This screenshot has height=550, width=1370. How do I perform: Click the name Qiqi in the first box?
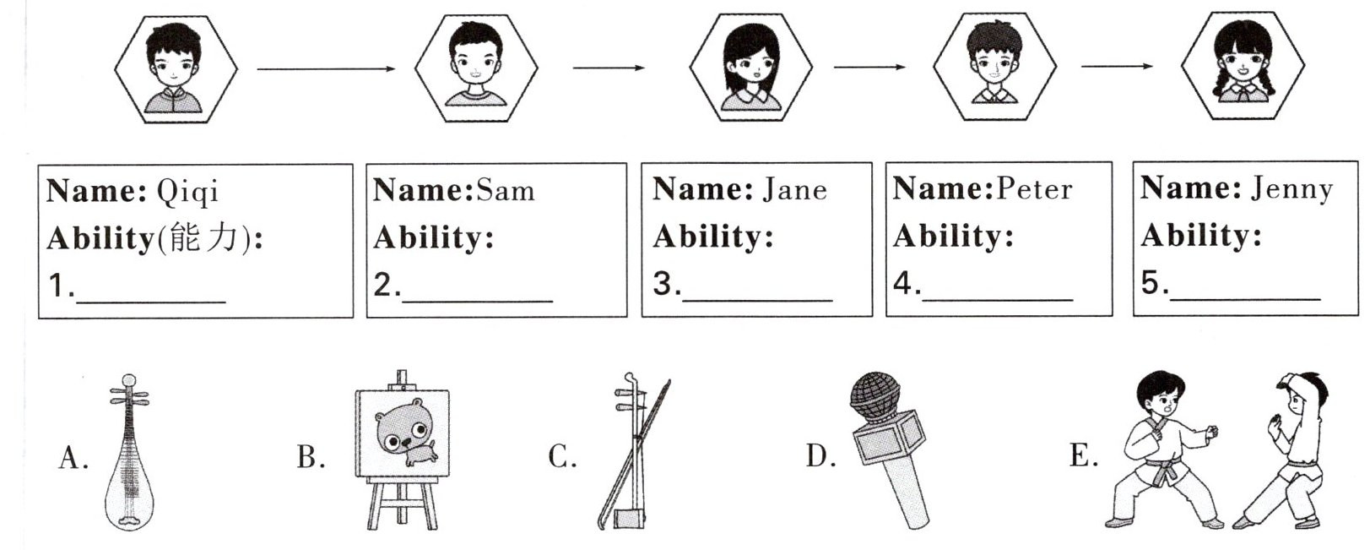pos(187,192)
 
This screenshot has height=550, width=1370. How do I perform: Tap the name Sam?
pos(505,190)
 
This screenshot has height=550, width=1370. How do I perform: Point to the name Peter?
pos(1033,188)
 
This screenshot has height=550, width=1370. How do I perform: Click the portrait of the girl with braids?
pos(1242,67)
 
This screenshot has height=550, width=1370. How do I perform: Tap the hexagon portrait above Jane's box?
pos(750,68)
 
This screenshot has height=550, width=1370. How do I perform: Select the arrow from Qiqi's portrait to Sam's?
pos(326,68)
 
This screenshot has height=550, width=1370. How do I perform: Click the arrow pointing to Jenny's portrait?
pos(1117,66)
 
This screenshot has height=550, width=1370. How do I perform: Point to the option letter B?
pos(310,457)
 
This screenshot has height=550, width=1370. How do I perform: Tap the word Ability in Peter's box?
pos(951,236)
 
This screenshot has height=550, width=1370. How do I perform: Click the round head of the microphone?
pos(875,396)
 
